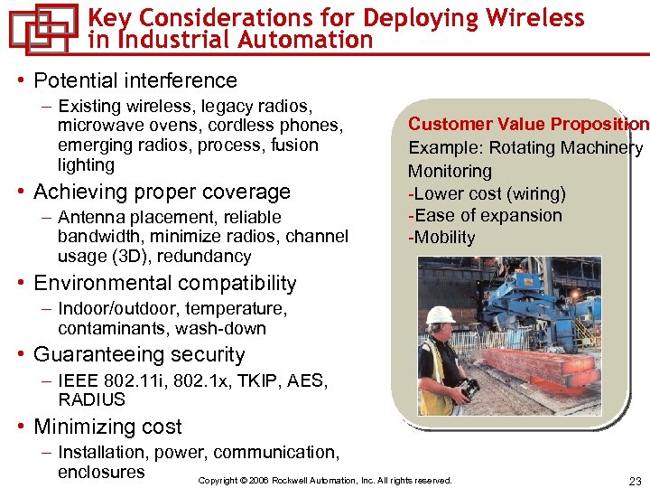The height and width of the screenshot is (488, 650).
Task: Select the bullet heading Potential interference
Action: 135,80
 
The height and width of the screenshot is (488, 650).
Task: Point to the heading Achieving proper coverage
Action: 162,192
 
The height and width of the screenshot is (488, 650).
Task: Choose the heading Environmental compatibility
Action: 164,284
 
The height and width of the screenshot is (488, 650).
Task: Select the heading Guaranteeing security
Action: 139,355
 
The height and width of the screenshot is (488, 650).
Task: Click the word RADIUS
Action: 91,399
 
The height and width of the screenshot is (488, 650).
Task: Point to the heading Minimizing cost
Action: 107,427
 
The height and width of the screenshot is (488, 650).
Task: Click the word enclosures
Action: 101,472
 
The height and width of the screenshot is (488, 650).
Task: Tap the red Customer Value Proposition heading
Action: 528,125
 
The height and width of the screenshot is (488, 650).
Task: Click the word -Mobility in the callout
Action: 441,238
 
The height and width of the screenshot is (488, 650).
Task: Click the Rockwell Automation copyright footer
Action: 324,481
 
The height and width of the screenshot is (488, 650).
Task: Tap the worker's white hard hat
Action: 441,314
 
